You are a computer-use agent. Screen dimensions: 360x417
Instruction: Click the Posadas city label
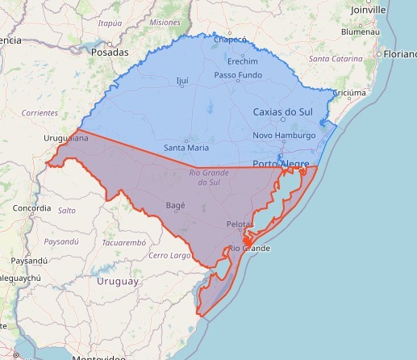111,52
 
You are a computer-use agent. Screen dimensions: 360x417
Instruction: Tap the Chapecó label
229,39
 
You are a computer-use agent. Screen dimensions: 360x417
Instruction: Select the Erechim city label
242,61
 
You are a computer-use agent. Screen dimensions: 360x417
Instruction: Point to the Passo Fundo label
238,75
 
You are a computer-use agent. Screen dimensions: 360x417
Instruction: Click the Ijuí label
181,81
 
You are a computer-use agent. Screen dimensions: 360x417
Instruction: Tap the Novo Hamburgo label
284,136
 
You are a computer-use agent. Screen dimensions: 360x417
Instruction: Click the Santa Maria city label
186,148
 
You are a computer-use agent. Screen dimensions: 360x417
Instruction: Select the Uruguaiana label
66,139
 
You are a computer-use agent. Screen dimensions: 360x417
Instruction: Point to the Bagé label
175,205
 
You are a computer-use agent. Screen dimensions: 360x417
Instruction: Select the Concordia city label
32,208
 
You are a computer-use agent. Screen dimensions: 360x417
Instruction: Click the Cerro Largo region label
169,256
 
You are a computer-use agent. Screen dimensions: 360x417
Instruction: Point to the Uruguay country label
118,281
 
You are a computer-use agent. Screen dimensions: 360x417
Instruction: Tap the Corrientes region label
40,113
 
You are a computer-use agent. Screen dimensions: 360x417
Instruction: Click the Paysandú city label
31,261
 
